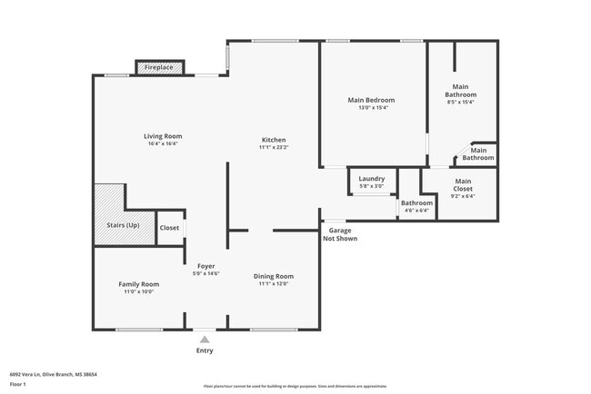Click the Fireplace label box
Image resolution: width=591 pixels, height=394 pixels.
coord(161,68)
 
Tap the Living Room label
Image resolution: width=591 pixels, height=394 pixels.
coord(163,136)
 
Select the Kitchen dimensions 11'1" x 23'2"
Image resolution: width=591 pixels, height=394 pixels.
coord(274,148)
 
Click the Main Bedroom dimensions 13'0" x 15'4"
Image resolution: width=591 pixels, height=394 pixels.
coord(371,107)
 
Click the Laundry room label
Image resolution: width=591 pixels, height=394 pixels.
coord(371,179)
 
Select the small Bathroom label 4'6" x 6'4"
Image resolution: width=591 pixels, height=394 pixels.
coord(416,202)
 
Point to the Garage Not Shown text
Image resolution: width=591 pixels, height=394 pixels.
coord(342,234)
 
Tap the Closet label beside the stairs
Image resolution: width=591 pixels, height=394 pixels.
coord(169,228)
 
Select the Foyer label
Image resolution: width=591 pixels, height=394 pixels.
coord(206,266)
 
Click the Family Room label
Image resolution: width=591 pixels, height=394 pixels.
coord(138,284)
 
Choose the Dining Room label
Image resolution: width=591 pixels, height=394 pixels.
coord(274,276)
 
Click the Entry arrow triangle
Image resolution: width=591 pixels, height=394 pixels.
coord(205,340)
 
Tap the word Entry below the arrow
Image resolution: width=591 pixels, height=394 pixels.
coord(205,350)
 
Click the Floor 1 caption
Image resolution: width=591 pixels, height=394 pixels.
coord(18,384)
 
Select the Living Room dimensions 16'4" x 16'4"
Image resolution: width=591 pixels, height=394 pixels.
coord(163,143)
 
